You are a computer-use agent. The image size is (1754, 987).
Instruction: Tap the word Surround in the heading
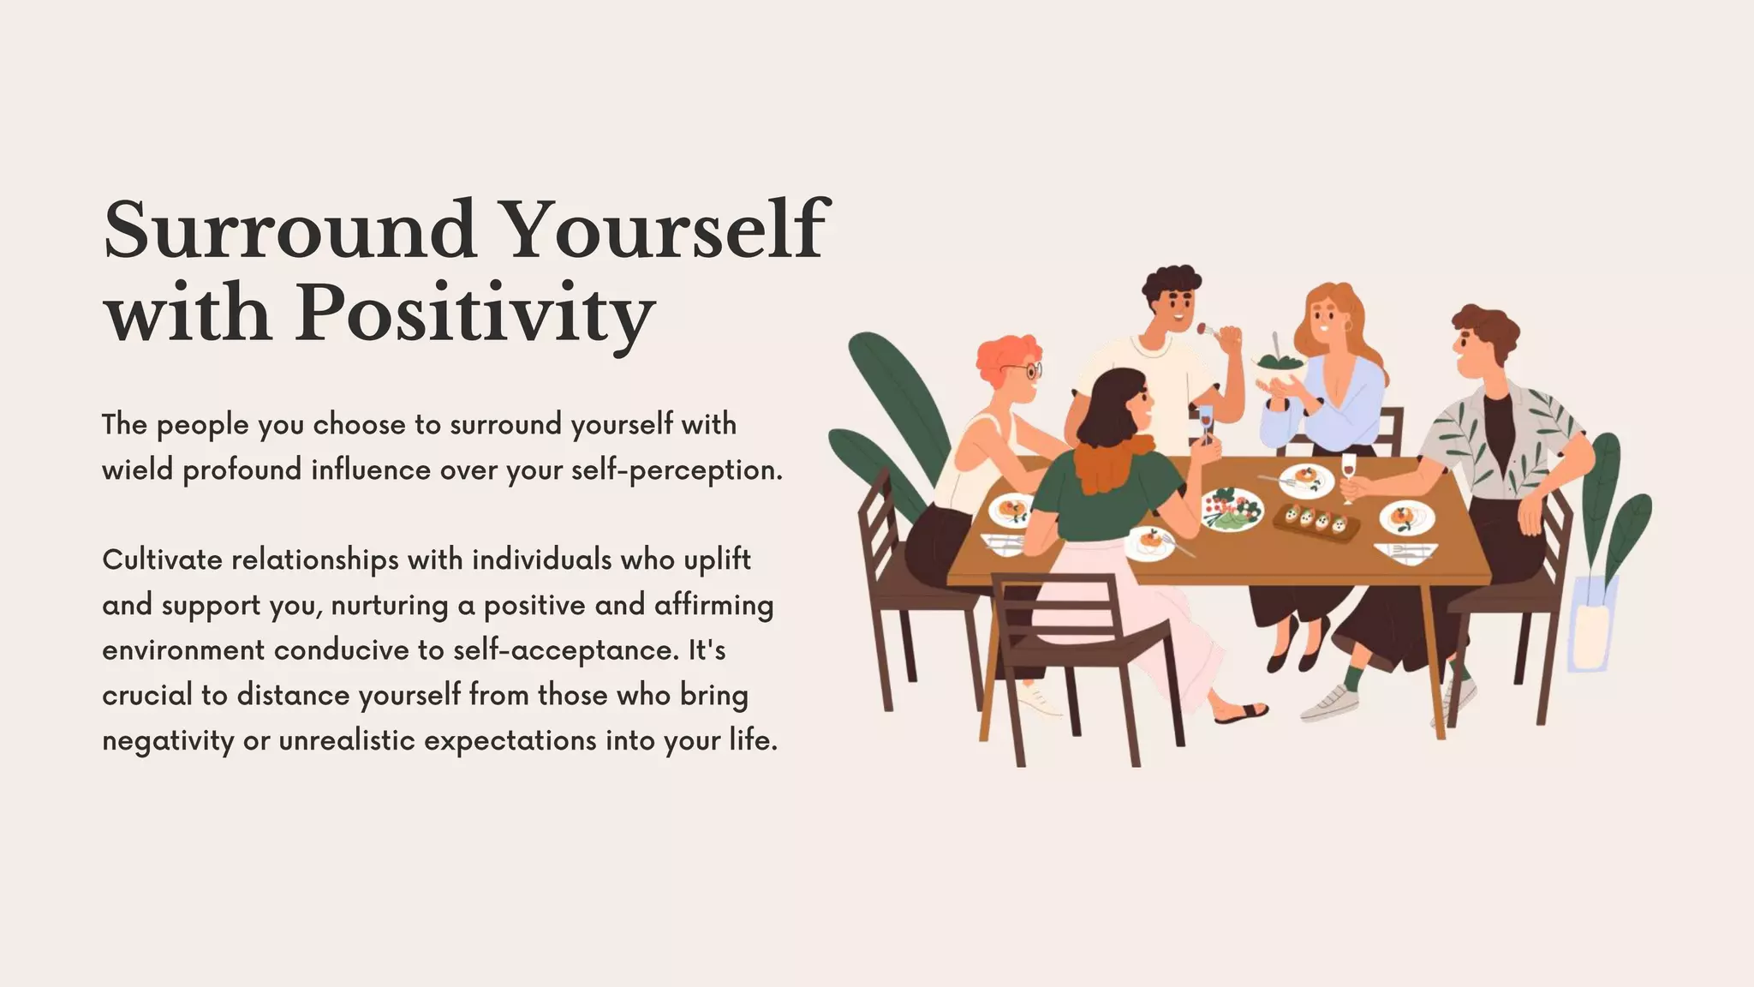289,231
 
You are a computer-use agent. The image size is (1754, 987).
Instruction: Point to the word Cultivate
163,560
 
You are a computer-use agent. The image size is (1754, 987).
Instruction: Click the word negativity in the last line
168,741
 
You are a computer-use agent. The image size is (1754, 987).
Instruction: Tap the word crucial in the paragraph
147,696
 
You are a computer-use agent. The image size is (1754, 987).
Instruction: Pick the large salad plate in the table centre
1231,509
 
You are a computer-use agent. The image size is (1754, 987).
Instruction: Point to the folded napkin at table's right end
1405,552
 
